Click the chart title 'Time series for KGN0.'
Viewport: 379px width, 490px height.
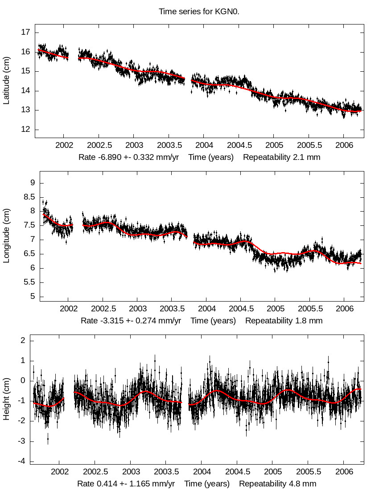[x=199, y=12]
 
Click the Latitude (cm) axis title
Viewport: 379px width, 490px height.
[x=6, y=81]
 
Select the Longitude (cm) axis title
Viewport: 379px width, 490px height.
[x=6, y=240]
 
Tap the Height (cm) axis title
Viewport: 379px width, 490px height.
[x=6, y=402]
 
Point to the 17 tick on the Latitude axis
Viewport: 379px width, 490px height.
[x=25, y=32]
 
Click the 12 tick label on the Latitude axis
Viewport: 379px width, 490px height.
[x=25, y=130]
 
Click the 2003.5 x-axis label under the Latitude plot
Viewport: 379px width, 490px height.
[x=169, y=146]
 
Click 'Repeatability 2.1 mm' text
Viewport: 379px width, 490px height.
[x=281, y=157]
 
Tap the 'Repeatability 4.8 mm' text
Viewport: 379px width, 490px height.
[x=277, y=484]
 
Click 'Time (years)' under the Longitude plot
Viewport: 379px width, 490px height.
[x=213, y=320]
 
